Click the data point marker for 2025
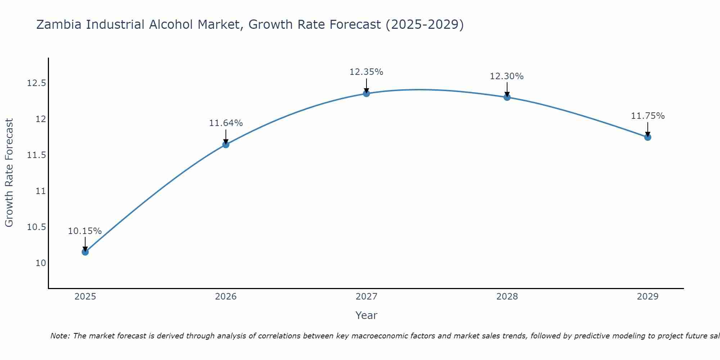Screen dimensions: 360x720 click(85, 252)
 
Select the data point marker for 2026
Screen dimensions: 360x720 click(226, 145)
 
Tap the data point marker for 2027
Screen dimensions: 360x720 click(366, 94)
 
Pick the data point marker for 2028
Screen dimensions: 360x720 click(507, 97)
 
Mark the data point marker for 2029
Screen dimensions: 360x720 click(648, 137)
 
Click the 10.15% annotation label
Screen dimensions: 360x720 click(85, 231)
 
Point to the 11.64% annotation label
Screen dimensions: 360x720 click(226, 123)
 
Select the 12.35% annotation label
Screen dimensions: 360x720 click(366, 72)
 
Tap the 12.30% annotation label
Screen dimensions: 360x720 click(507, 76)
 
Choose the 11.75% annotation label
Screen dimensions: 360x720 click(648, 116)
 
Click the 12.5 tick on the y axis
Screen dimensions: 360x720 click(37, 84)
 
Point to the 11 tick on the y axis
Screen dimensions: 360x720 click(41, 191)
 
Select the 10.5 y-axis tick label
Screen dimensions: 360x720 click(37, 227)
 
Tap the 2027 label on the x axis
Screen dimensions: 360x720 click(366, 297)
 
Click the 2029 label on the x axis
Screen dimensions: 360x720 click(648, 297)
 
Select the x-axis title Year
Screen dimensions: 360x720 click(366, 315)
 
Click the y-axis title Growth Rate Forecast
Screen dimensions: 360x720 click(9, 173)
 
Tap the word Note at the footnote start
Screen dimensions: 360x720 click(60, 336)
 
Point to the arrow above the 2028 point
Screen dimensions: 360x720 click(507, 89)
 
